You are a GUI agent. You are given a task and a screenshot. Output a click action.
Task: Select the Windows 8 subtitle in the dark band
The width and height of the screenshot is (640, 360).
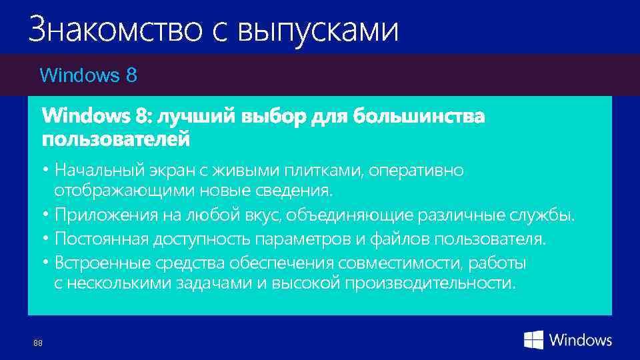[89, 75]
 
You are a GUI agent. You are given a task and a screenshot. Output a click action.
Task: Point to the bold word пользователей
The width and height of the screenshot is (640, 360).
[115, 140]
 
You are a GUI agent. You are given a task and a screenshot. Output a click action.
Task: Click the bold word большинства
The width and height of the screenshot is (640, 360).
[419, 117]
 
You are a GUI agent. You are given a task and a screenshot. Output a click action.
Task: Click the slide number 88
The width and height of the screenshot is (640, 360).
[37, 343]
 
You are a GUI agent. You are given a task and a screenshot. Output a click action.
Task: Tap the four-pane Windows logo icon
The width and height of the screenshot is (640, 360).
[533, 340]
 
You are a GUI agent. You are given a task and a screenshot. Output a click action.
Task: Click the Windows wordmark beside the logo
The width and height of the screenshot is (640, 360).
[581, 340]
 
